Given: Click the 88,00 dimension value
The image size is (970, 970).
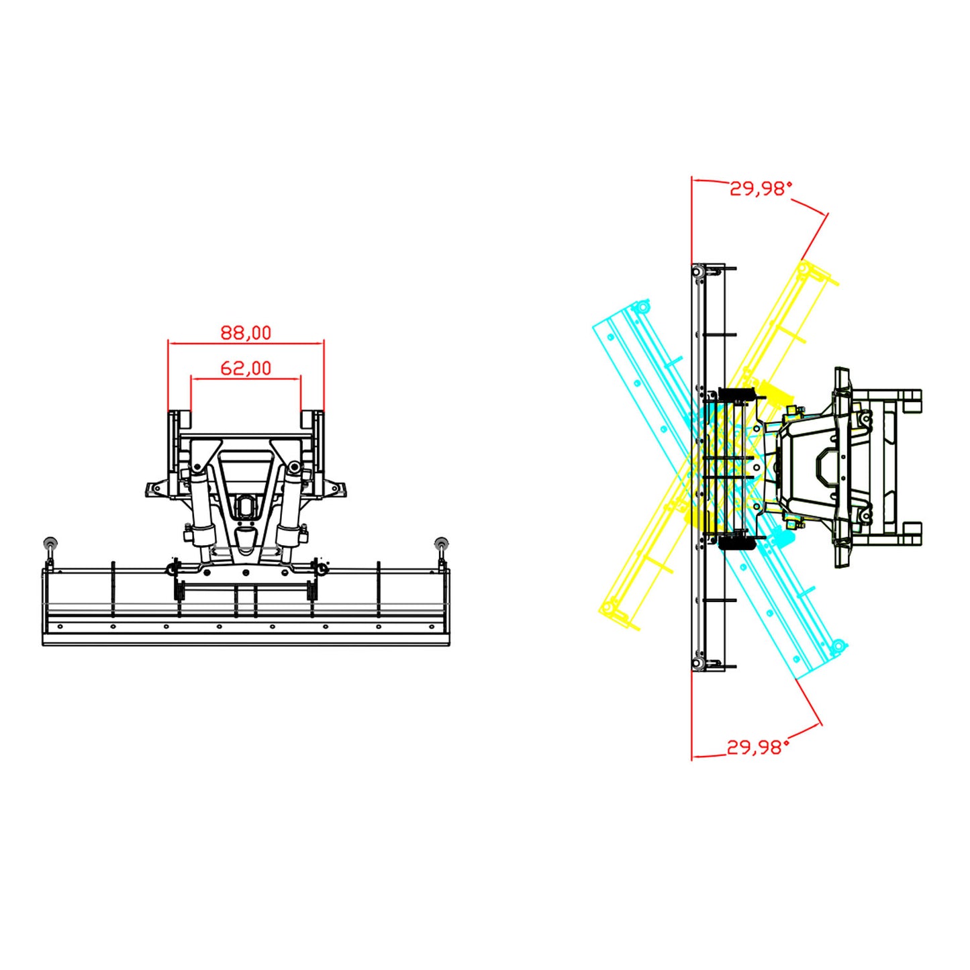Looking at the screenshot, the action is (x=246, y=332).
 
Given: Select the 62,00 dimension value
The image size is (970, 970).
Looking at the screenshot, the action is (x=246, y=368).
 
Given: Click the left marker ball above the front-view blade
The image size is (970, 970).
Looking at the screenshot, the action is (x=50, y=542).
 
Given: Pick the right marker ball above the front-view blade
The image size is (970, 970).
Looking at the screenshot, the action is (x=442, y=542).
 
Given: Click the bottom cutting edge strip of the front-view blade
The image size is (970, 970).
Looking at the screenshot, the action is (x=246, y=640).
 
